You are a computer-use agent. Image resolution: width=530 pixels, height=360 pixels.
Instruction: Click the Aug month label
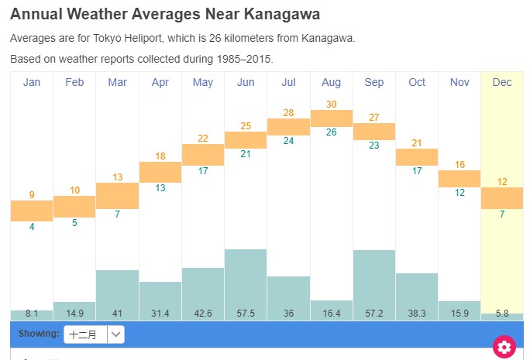331,82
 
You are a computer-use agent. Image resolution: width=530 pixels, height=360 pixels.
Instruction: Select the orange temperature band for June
246,140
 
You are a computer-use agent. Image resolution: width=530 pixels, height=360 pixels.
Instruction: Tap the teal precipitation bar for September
373,279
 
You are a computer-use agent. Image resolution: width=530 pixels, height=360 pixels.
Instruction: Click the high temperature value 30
331,105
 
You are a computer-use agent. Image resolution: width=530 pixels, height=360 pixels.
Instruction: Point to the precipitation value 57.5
246,314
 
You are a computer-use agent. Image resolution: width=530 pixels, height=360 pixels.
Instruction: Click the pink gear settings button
504,347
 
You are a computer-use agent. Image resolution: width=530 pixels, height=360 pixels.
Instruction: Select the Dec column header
502,82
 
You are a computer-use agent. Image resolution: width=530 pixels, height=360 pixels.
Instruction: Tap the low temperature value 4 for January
32,227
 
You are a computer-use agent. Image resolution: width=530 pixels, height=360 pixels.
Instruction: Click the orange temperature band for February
74,207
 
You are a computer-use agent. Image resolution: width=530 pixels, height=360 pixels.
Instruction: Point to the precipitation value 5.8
502,314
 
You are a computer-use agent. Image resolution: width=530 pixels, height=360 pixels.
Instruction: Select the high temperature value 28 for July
288,113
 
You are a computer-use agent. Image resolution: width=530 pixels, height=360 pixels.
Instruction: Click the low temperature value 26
331,132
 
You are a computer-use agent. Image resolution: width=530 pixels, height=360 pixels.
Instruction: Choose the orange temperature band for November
459,179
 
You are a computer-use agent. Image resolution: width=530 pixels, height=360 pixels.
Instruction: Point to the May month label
203,82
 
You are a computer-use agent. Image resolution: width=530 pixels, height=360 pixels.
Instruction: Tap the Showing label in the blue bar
39,334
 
